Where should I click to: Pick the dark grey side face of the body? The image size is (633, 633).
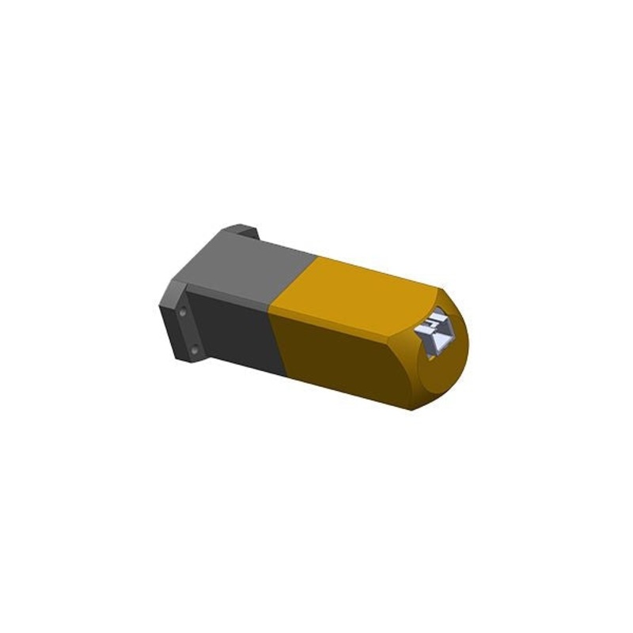237,332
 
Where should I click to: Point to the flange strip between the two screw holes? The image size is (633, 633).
188,331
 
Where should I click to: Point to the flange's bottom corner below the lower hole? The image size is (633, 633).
193,362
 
